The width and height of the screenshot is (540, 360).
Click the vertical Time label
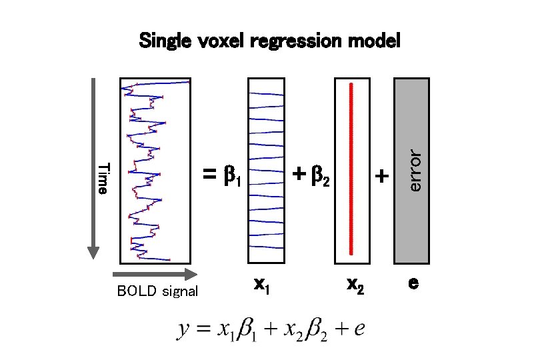(x=102, y=178)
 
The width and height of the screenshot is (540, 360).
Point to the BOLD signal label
(x=157, y=291)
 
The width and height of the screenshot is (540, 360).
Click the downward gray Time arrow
(x=93, y=167)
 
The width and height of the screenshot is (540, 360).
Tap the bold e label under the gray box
(x=413, y=283)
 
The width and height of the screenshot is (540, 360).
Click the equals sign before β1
(x=210, y=176)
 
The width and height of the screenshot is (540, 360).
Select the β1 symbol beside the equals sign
(x=232, y=177)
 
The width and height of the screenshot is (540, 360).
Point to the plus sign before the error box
(x=381, y=176)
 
